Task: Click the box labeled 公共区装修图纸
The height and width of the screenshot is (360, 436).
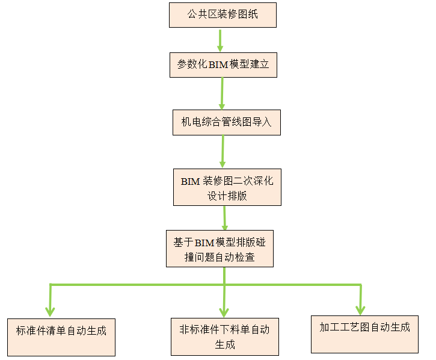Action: click(223, 14)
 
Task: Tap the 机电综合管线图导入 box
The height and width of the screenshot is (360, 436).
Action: click(226, 122)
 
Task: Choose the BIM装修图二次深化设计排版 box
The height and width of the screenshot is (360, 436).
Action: click(227, 188)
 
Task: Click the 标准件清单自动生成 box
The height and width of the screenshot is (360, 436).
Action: click(61, 335)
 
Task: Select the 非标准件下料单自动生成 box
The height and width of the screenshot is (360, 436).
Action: click(224, 337)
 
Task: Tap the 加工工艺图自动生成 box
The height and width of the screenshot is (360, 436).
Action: click(364, 334)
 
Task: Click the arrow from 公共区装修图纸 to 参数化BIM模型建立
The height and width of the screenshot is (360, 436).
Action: click(220, 40)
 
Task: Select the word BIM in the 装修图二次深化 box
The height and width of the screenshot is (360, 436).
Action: click(190, 181)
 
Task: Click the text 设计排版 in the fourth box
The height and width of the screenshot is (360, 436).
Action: click(227, 196)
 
